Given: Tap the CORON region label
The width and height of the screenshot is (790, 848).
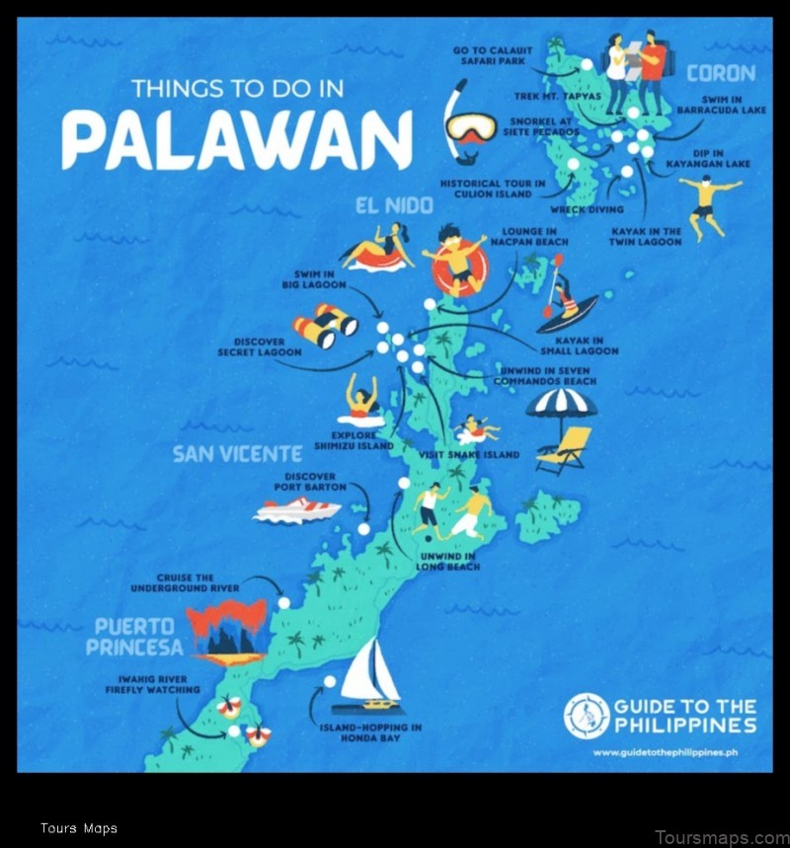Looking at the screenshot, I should click(721, 73).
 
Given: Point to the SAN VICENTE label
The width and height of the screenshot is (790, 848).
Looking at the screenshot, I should click(237, 454).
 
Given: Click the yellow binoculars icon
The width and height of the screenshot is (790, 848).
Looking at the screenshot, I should click(324, 325).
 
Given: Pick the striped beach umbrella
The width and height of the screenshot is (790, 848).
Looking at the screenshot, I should click(561, 405).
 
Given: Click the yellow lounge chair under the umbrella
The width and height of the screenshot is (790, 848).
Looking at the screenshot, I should click(567, 449).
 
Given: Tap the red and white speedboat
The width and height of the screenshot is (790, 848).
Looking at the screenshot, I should click(296, 510).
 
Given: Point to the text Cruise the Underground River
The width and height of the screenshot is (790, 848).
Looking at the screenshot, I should click(184, 582).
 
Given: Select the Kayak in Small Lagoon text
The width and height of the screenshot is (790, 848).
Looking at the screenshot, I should click(579, 346).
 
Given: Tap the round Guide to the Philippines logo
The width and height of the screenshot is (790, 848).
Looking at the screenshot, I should click(587, 716).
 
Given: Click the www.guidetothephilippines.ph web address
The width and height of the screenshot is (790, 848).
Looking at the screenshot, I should click(667, 753).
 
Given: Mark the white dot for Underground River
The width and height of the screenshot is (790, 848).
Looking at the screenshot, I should click(283, 602).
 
